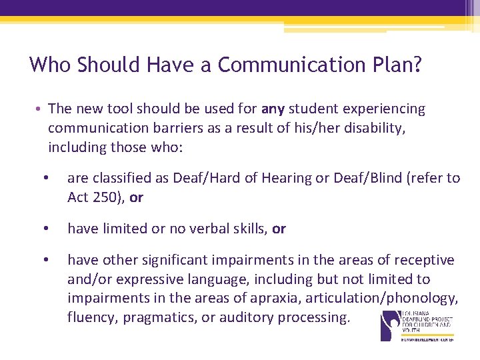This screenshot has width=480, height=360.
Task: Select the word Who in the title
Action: tap(51, 65)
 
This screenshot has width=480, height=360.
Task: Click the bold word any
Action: tap(273, 109)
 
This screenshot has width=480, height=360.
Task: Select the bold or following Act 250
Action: tap(137, 197)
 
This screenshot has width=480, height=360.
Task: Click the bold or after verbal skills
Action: tap(279, 229)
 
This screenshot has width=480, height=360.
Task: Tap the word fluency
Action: tap(91, 317)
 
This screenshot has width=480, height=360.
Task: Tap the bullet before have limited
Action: tap(45, 229)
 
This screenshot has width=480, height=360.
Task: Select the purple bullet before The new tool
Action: tap(39, 109)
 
